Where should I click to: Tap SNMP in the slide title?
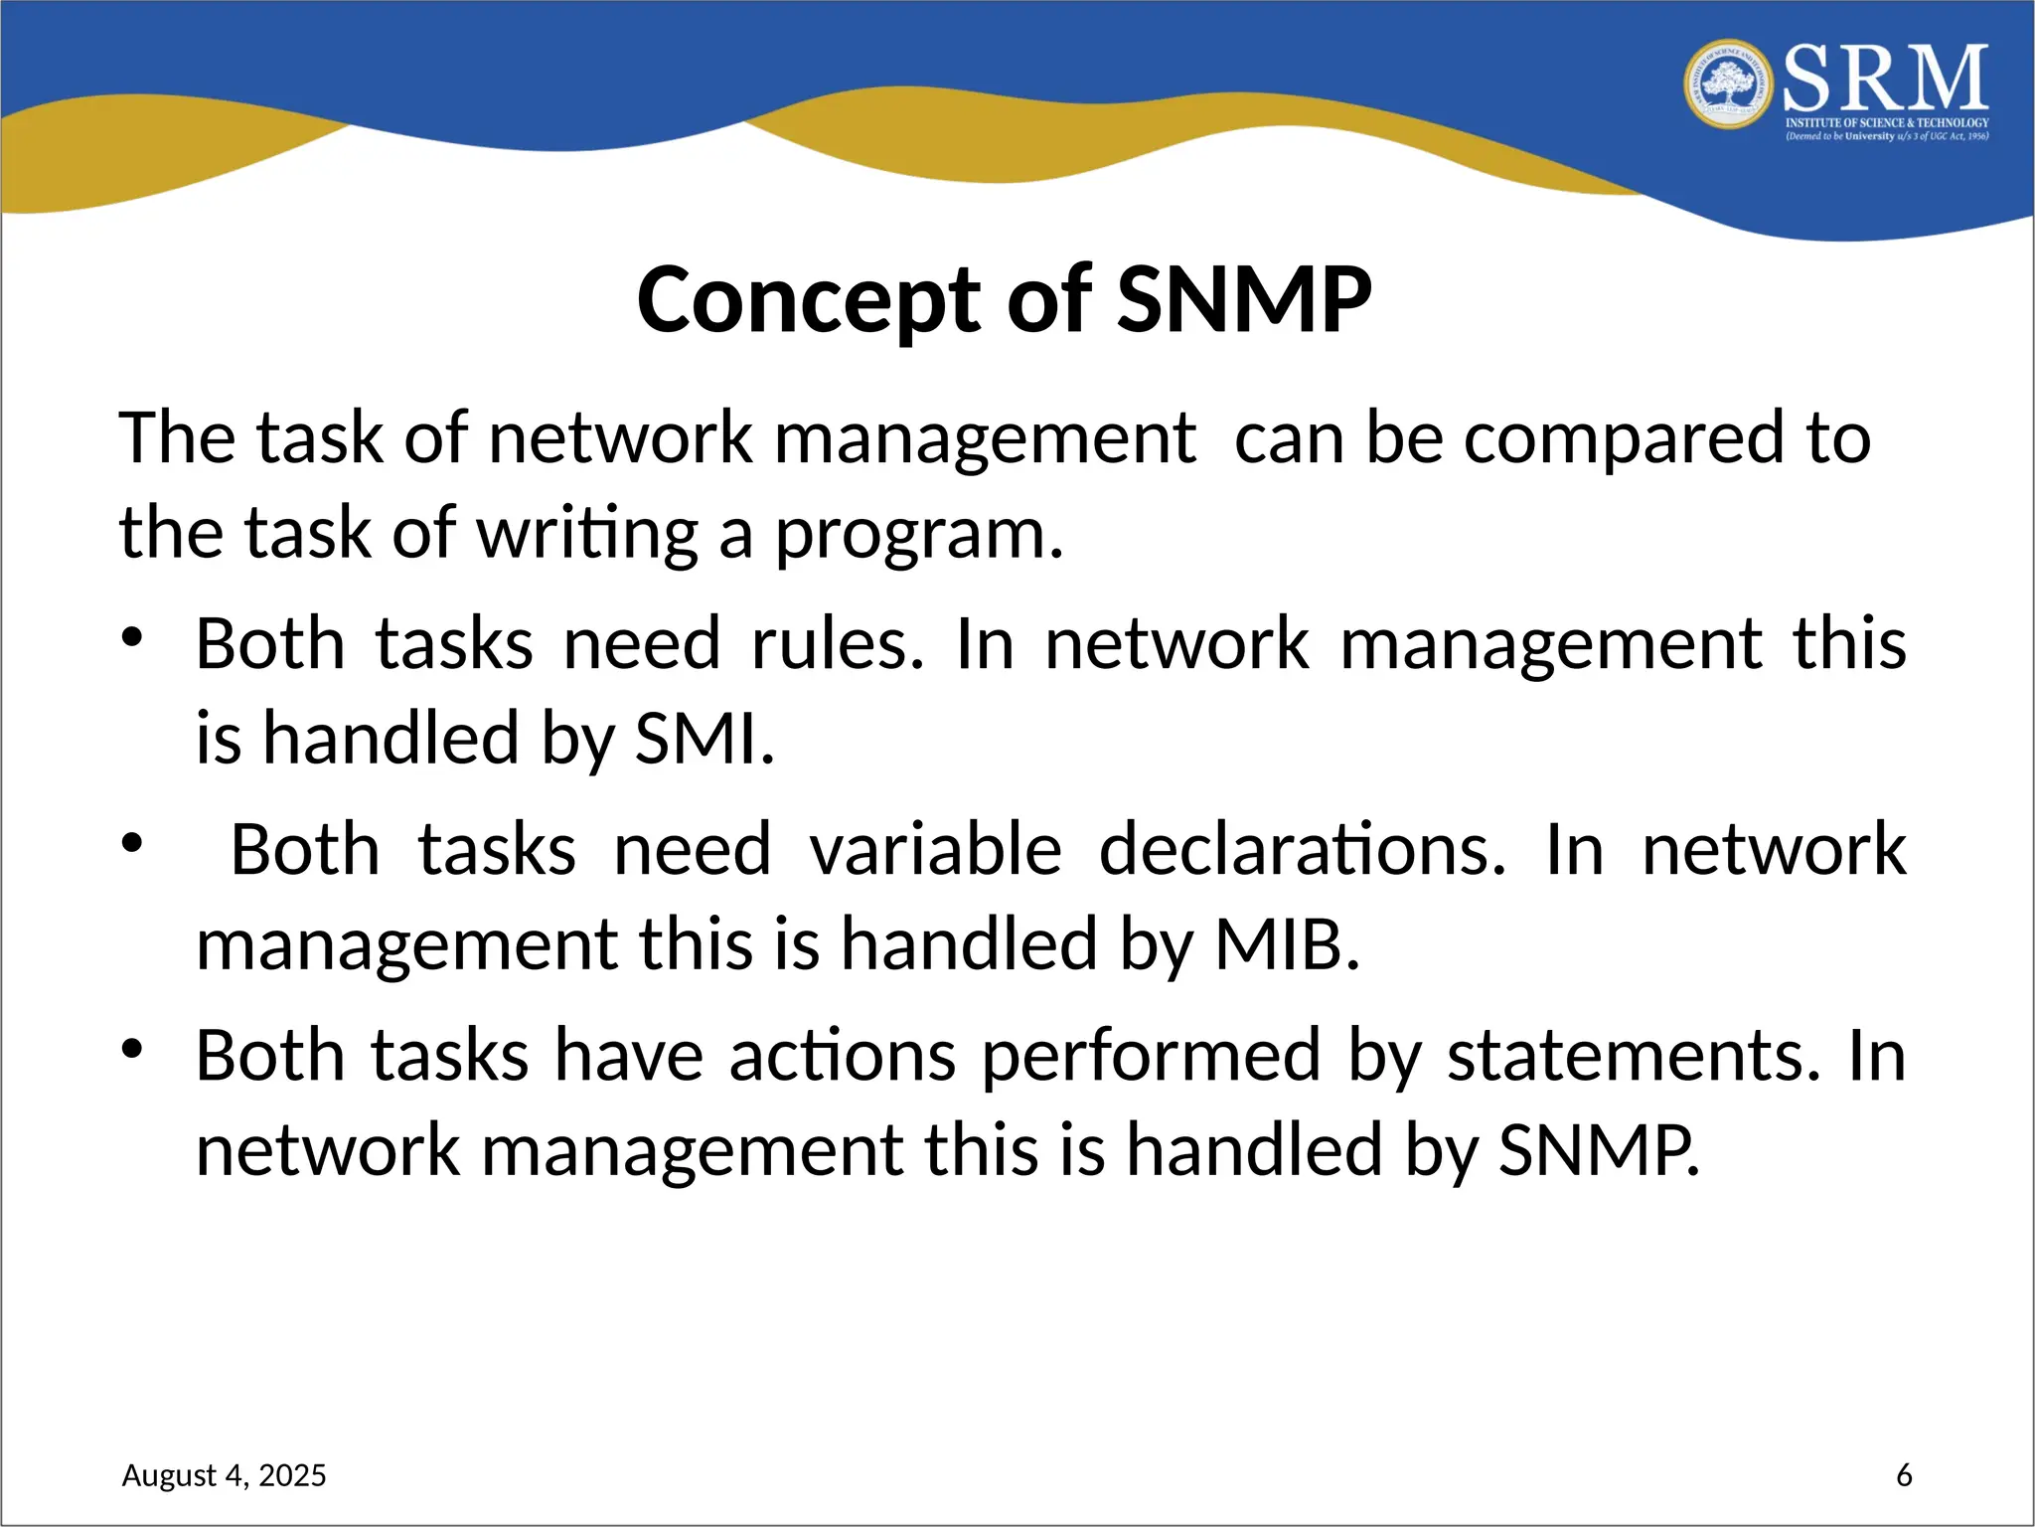click(1244, 300)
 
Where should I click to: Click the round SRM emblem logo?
click(1728, 85)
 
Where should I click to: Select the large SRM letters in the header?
click(1885, 79)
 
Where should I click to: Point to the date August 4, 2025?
click(224, 1475)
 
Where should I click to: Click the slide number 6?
click(1904, 1475)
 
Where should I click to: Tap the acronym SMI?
click(704, 740)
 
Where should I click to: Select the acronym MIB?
click(1287, 944)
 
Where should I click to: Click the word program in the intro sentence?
click(918, 535)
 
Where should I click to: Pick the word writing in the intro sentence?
click(588, 535)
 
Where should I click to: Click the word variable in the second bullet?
click(935, 850)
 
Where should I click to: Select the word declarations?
click(1302, 850)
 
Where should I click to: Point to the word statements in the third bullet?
click(1634, 1056)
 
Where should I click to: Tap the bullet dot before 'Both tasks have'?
click(133, 1049)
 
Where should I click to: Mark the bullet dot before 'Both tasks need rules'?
click(133, 637)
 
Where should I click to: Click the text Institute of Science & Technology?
click(1886, 123)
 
